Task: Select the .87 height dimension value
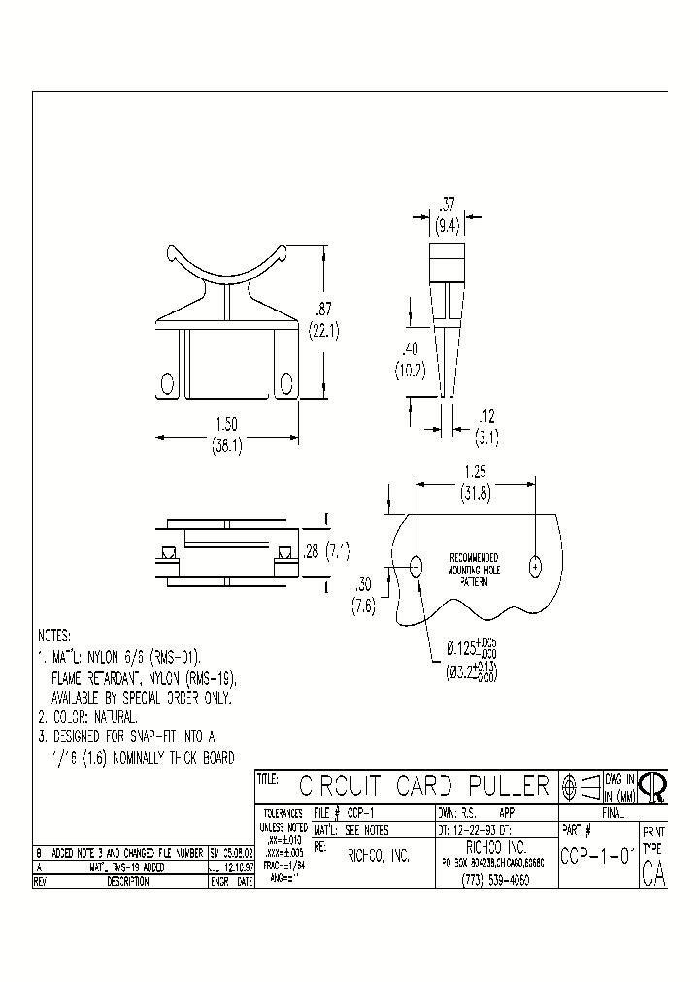[322, 310]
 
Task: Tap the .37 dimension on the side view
[447, 205]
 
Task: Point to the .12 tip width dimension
[487, 416]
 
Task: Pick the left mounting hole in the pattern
[416, 567]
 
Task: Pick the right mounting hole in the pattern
[534, 566]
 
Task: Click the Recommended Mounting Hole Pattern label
[475, 571]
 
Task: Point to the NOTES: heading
[54, 636]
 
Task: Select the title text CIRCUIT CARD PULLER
[423, 785]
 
